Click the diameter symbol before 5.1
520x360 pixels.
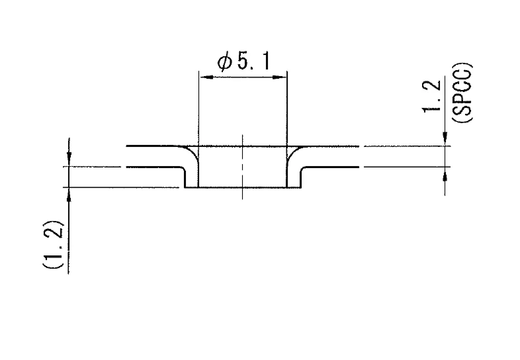(x=224, y=62)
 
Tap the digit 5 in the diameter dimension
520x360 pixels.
(x=243, y=62)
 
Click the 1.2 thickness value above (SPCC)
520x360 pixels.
(x=432, y=96)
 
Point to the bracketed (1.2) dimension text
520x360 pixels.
(x=53, y=244)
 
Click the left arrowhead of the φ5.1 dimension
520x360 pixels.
(x=206, y=77)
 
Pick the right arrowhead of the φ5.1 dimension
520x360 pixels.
(x=280, y=77)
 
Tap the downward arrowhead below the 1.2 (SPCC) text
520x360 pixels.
(x=445, y=139)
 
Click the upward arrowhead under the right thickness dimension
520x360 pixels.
(x=445, y=173)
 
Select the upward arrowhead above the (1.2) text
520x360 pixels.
(x=69, y=195)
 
